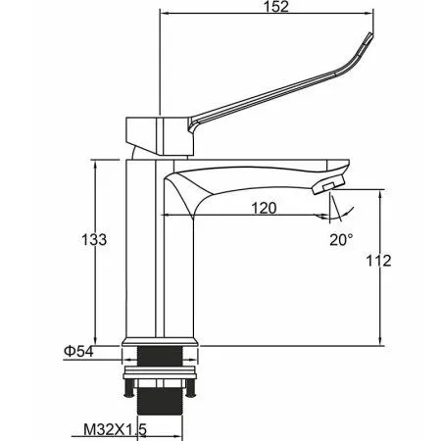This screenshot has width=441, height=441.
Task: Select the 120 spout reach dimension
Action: pos(262,207)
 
